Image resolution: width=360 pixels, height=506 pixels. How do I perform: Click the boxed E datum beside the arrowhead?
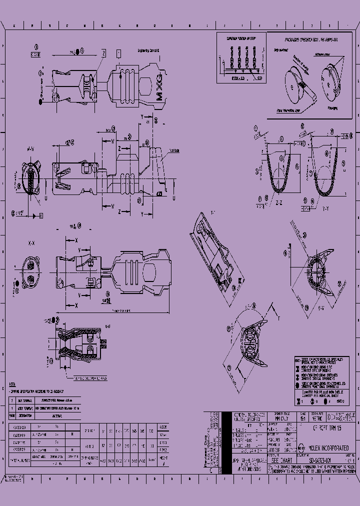[x=41, y=215]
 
